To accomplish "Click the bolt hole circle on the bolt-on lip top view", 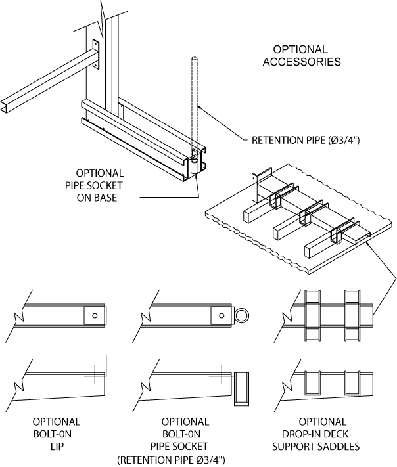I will click(95, 317).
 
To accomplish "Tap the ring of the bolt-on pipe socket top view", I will click(243, 317).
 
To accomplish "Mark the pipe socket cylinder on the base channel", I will click(195, 165).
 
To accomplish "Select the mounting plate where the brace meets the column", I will click(96, 55).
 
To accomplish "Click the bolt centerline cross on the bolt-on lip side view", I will click(95, 375).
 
